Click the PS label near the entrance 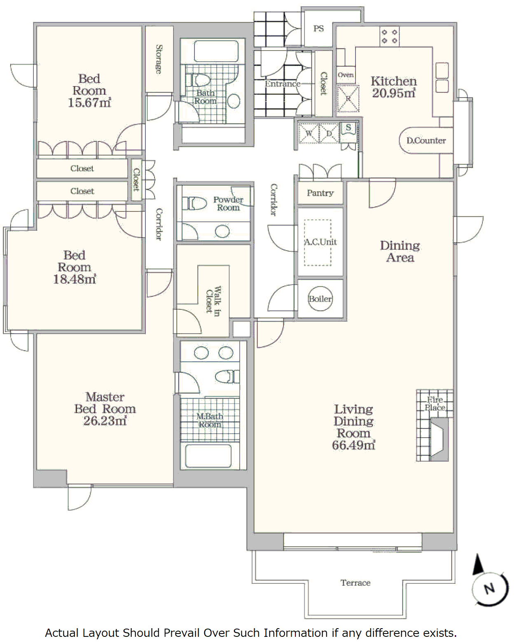coord(318,28)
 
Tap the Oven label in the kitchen coord(346,75)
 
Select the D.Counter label coord(426,140)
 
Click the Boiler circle coord(320,299)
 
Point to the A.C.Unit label coord(320,241)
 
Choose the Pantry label coord(320,193)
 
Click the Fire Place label coord(435,404)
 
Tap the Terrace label coord(356,583)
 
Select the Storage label coord(159,59)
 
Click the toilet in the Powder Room coord(194,204)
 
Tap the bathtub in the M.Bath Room coord(208,456)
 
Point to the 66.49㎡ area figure coord(353,445)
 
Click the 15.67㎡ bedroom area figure coord(89,102)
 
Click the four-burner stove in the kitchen coord(390,36)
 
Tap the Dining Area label coord(400,251)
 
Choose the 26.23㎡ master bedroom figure coord(105,421)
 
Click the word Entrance coord(283,84)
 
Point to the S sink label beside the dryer coord(348,127)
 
